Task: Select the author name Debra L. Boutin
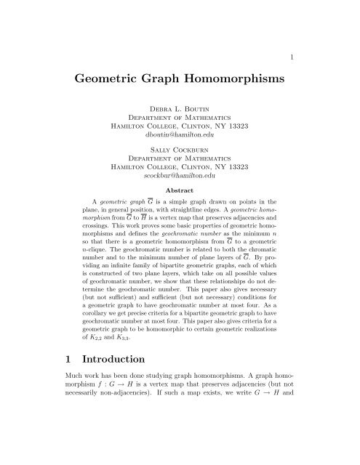point(180,115)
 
